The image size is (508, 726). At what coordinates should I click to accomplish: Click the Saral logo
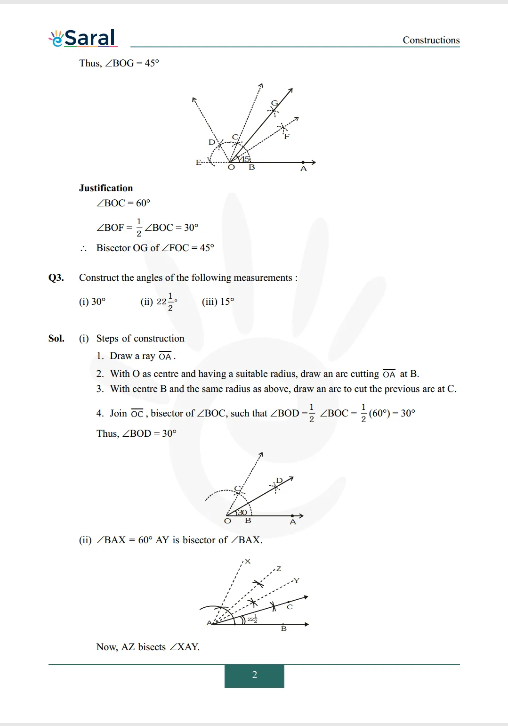[x=83, y=38]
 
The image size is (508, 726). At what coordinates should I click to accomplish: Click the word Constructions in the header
[x=431, y=40]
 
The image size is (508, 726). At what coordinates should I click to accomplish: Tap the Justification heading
[x=106, y=188]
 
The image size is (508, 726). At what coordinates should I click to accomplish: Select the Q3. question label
[x=56, y=277]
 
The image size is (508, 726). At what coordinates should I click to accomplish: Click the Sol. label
[x=56, y=338]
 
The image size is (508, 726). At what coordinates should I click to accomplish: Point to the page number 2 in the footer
[x=254, y=675]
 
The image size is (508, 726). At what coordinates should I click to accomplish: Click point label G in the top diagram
[x=274, y=103]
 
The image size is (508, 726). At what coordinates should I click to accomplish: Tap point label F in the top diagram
[x=286, y=137]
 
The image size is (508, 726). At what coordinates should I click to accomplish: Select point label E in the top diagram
[x=199, y=162]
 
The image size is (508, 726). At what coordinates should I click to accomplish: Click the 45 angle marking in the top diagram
[x=245, y=159]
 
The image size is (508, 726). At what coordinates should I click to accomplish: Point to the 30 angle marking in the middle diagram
[x=242, y=512]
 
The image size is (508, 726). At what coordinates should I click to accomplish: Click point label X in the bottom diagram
[x=248, y=561]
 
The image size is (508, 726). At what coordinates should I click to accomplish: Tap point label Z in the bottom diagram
[x=279, y=569]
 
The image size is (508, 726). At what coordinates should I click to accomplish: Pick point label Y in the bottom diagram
[x=296, y=580]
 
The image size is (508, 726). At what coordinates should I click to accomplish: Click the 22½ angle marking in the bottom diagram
[x=252, y=619]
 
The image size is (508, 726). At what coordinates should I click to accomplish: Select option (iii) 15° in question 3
[x=218, y=302]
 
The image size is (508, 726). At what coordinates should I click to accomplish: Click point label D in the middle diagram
[x=279, y=480]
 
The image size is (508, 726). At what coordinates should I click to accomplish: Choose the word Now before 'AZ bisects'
[x=106, y=647]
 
